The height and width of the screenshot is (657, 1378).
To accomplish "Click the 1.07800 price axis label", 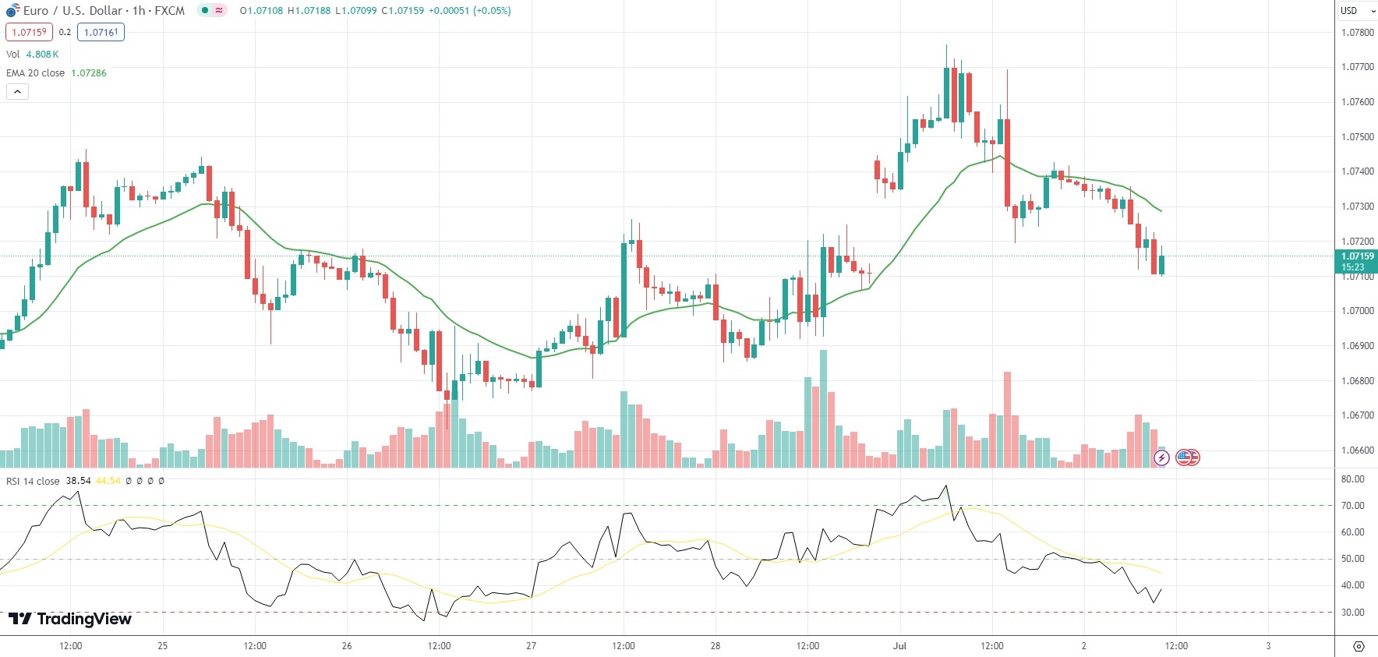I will pyautogui.click(x=1357, y=33).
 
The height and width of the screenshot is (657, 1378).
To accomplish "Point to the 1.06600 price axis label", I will pyautogui.click(x=1357, y=450).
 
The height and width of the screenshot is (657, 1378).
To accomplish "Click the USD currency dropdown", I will pyautogui.click(x=1357, y=11).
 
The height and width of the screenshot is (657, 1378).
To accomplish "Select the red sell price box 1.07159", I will pyautogui.click(x=29, y=33).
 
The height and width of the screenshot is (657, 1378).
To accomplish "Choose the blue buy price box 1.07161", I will pyautogui.click(x=101, y=33).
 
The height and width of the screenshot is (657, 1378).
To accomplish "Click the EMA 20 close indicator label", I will pyautogui.click(x=36, y=73).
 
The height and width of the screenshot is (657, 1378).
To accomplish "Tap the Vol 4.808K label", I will pyautogui.click(x=32, y=55).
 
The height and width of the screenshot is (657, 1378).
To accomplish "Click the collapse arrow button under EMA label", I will pyautogui.click(x=17, y=92).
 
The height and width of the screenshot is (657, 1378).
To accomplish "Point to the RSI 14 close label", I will pyautogui.click(x=33, y=481).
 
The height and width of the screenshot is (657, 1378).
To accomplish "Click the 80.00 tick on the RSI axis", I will pyautogui.click(x=1352, y=479).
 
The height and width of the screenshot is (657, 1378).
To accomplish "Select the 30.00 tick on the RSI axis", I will pyautogui.click(x=1352, y=613).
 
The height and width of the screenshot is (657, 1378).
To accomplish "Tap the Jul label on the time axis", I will pyautogui.click(x=900, y=646).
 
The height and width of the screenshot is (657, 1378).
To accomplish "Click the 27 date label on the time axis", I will pyautogui.click(x=532, y=646).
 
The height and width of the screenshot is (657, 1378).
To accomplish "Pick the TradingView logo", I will pyautogui.click(x=70, y=619).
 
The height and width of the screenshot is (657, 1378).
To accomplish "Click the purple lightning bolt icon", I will pyautogui.click(x=1161, y=457).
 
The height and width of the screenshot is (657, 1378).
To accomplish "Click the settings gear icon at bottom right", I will pyautogui.click(x=1359, y=647).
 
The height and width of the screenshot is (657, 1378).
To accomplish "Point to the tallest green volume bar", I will pyautogui.click(x=824, y=409).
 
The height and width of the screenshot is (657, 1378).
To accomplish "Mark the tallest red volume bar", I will pyautogui.click(x=1007, y=419).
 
